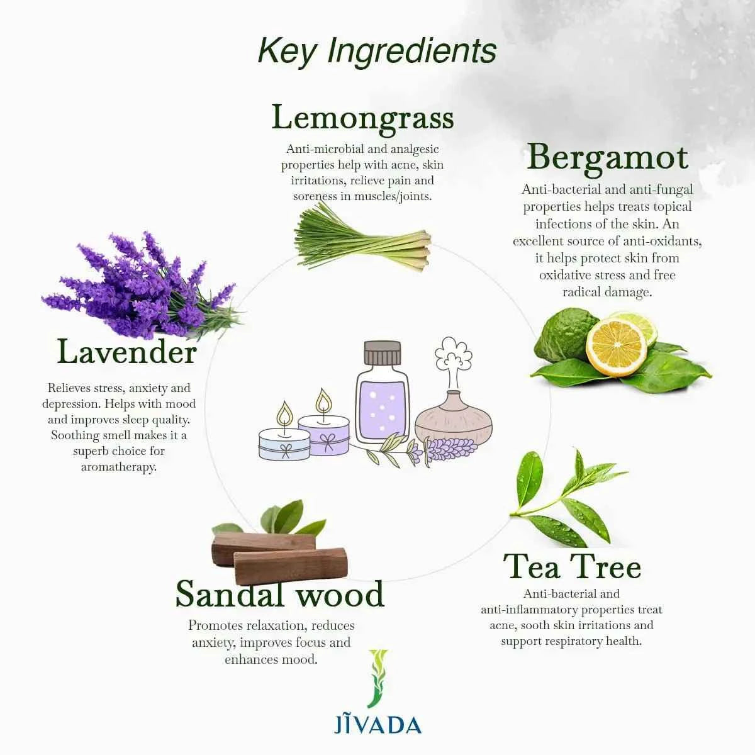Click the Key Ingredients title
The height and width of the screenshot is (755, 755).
tap(377, 50)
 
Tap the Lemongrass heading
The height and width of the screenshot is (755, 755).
tap(362, 118)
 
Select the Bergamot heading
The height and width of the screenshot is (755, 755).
tap(607, 157)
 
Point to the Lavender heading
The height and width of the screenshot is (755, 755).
tap(127, 352)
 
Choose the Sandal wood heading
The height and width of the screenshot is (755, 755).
tap(279, 593)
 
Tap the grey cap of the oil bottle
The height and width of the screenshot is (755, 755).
tap(383, 353)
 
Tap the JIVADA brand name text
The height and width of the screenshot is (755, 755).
tap(377, 724)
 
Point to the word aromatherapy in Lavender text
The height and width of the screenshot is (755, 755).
tap(118, 467)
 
